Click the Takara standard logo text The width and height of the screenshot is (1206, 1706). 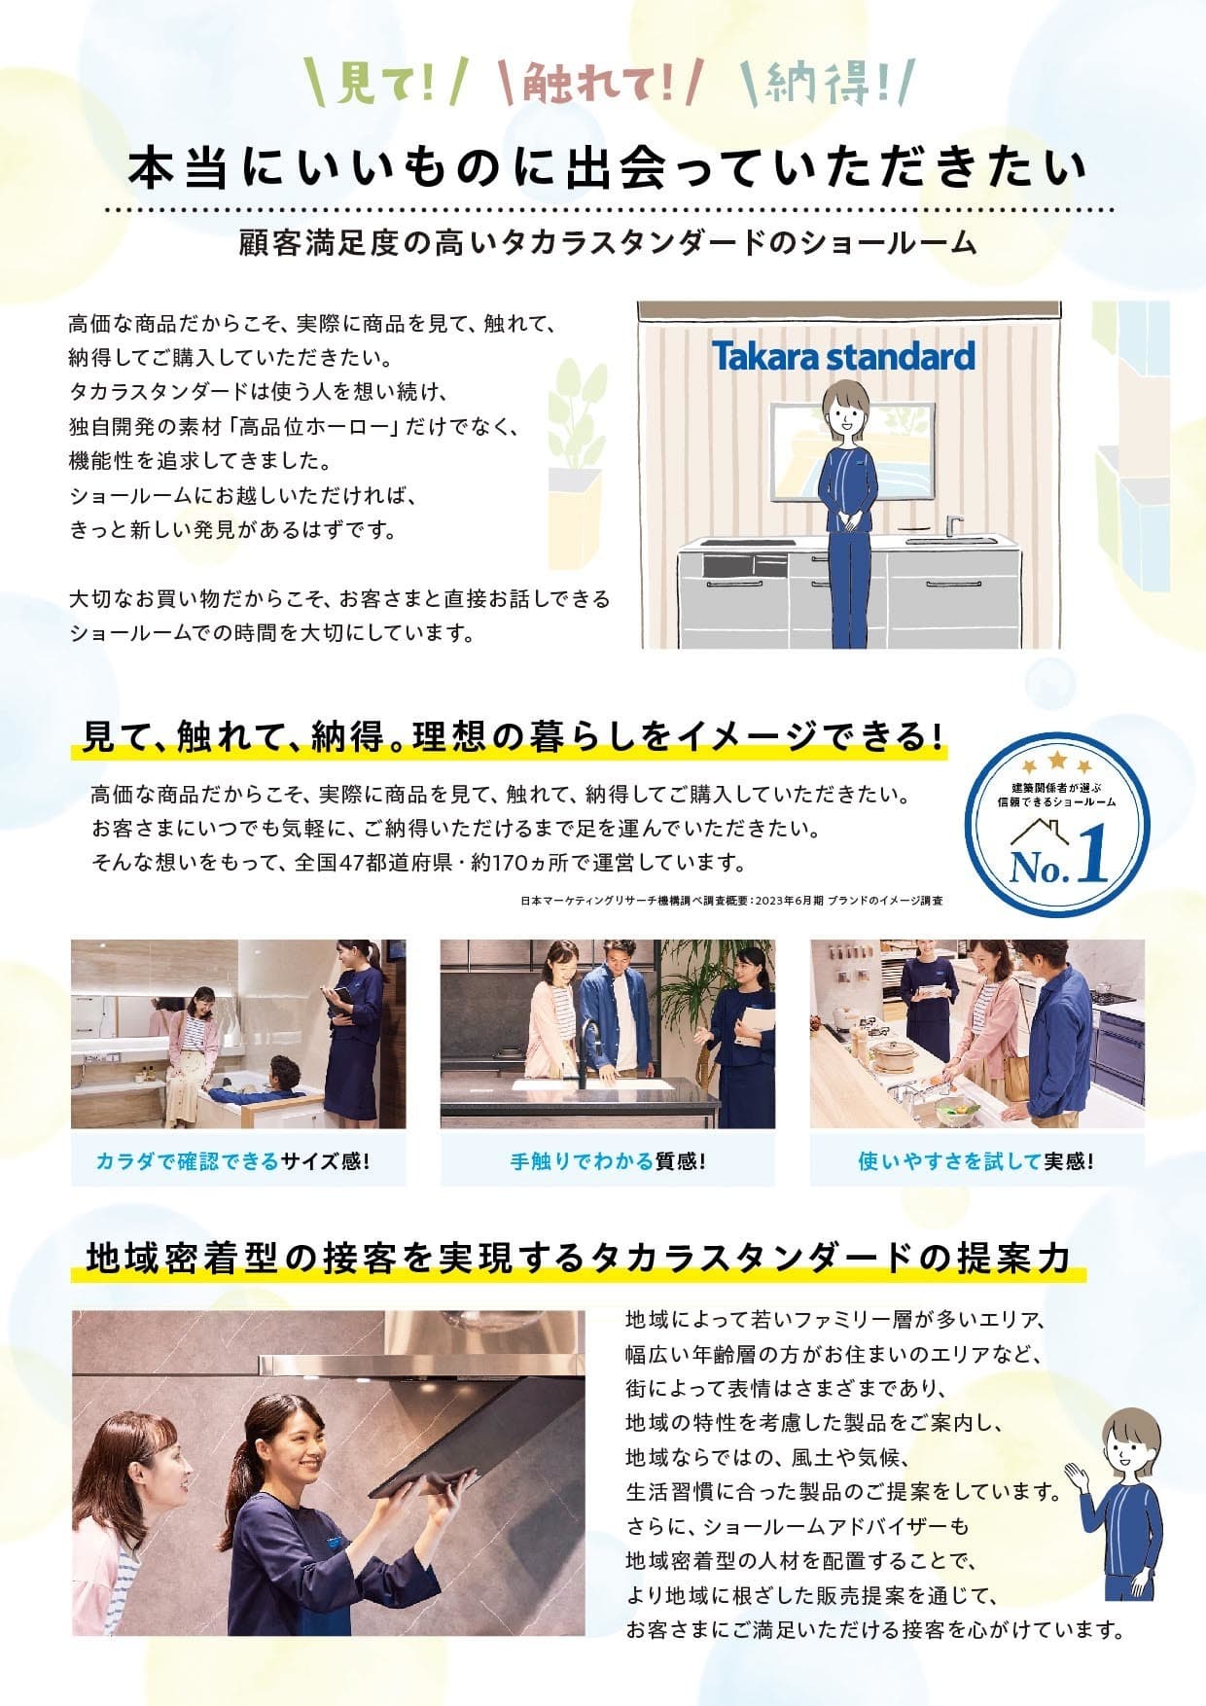[x=843, y=356]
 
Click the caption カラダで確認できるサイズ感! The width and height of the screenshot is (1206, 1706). [x=233, y=1161]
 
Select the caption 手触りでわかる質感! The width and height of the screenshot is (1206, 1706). [x=608, y=1161]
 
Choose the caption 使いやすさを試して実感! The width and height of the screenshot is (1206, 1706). [x=975, y=1161]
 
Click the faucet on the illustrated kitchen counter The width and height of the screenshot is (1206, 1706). [x=954, y=526]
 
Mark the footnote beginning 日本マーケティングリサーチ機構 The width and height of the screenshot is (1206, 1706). [x=731, y=901]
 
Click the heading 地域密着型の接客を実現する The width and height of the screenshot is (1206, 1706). [x=337, y=1258]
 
